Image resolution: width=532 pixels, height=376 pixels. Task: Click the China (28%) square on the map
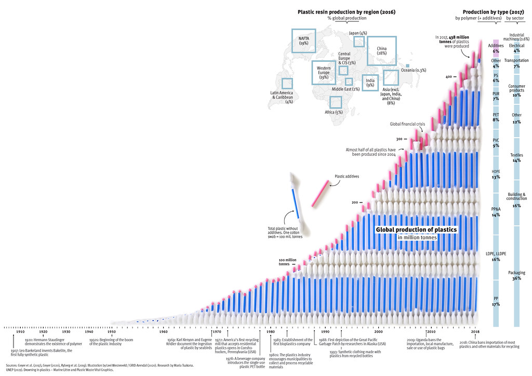click(x=381, y=50)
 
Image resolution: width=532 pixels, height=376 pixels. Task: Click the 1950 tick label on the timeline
click(x=112, y=332)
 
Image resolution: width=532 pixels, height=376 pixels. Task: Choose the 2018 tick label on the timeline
click(x=475, y=332)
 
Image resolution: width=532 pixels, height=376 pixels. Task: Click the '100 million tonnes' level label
click(x=287, y=262)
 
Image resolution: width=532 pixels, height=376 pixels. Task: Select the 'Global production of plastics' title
click(x=417, y=229)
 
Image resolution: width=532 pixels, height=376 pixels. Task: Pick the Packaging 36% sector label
click(x=516, y=275)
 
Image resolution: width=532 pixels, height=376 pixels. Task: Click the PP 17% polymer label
click(x=496, y=301)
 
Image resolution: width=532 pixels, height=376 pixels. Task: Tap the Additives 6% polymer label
click(x=496, y=48)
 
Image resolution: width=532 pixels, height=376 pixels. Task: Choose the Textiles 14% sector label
click(x=516, y=158)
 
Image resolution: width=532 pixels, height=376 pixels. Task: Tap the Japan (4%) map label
click(x=358, y=33)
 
